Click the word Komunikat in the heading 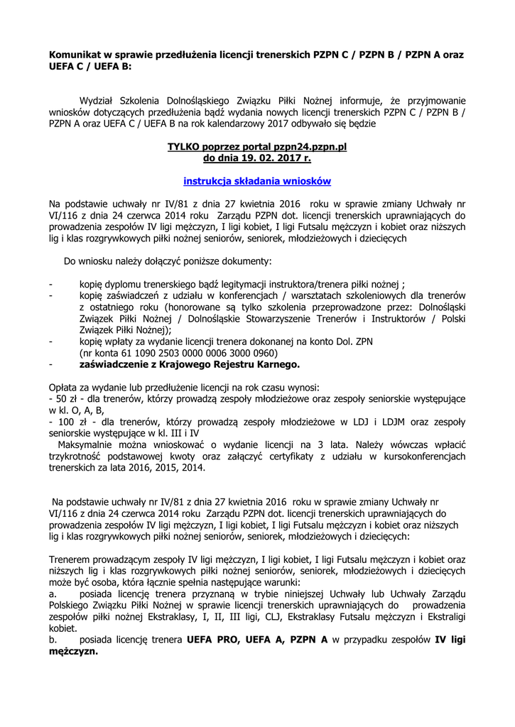pos(76,55)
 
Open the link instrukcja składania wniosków pos(257,181)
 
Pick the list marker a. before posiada pos(53,594)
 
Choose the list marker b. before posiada pos(53,640)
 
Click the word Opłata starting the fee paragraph pos(65,388)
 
